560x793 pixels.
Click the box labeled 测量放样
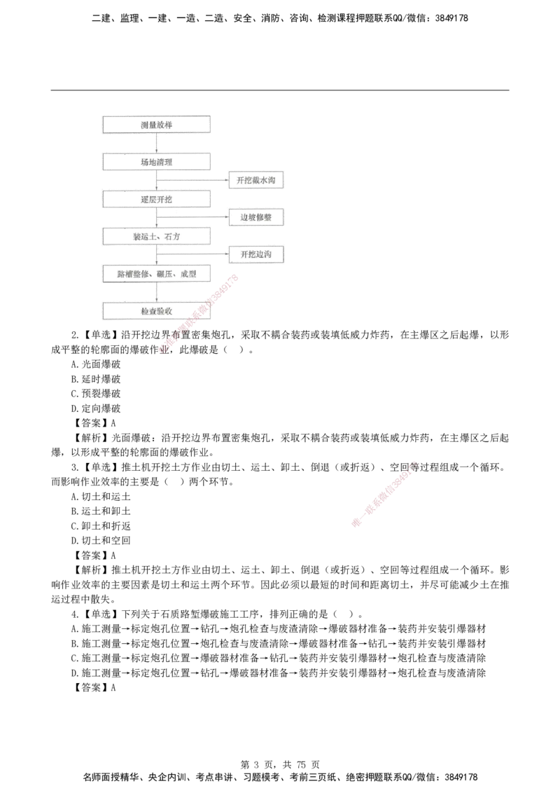pos(156,124)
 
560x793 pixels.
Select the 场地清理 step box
pos(156,162)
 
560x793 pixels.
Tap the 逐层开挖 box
pos(156,200)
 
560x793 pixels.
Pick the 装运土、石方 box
pos(156,236)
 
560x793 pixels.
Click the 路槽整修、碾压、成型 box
pos(156,274)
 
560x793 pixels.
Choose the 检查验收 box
pos(156,310)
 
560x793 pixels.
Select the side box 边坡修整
pos(256,218)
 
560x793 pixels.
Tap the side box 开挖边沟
pos(256,254)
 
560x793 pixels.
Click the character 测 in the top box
pos(143,124)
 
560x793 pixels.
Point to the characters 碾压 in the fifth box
pos(167,274)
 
